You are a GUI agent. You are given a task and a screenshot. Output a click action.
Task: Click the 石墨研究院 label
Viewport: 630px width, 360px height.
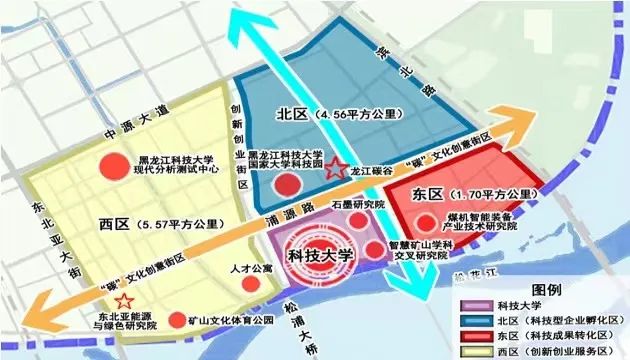pyautogui.click(x=359, y=205)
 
